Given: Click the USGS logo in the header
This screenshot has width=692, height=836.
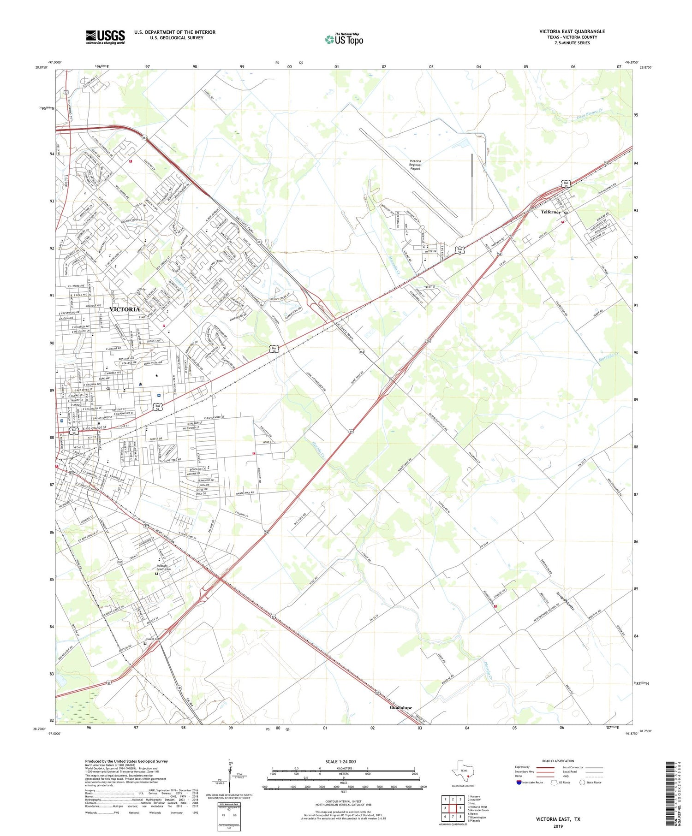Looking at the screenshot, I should click(105, 37).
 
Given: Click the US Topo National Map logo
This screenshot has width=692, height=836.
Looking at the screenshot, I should click(344, 39).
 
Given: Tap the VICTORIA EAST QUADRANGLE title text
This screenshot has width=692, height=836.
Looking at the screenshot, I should click(572, 31).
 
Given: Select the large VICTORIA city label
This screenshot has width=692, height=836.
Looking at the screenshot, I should click(125, 309).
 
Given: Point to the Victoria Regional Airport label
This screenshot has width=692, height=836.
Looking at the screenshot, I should click(415, 165).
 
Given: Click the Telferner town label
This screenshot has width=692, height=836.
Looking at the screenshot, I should click(550, 212).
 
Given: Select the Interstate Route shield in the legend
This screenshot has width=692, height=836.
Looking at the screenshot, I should click(519, 783).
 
